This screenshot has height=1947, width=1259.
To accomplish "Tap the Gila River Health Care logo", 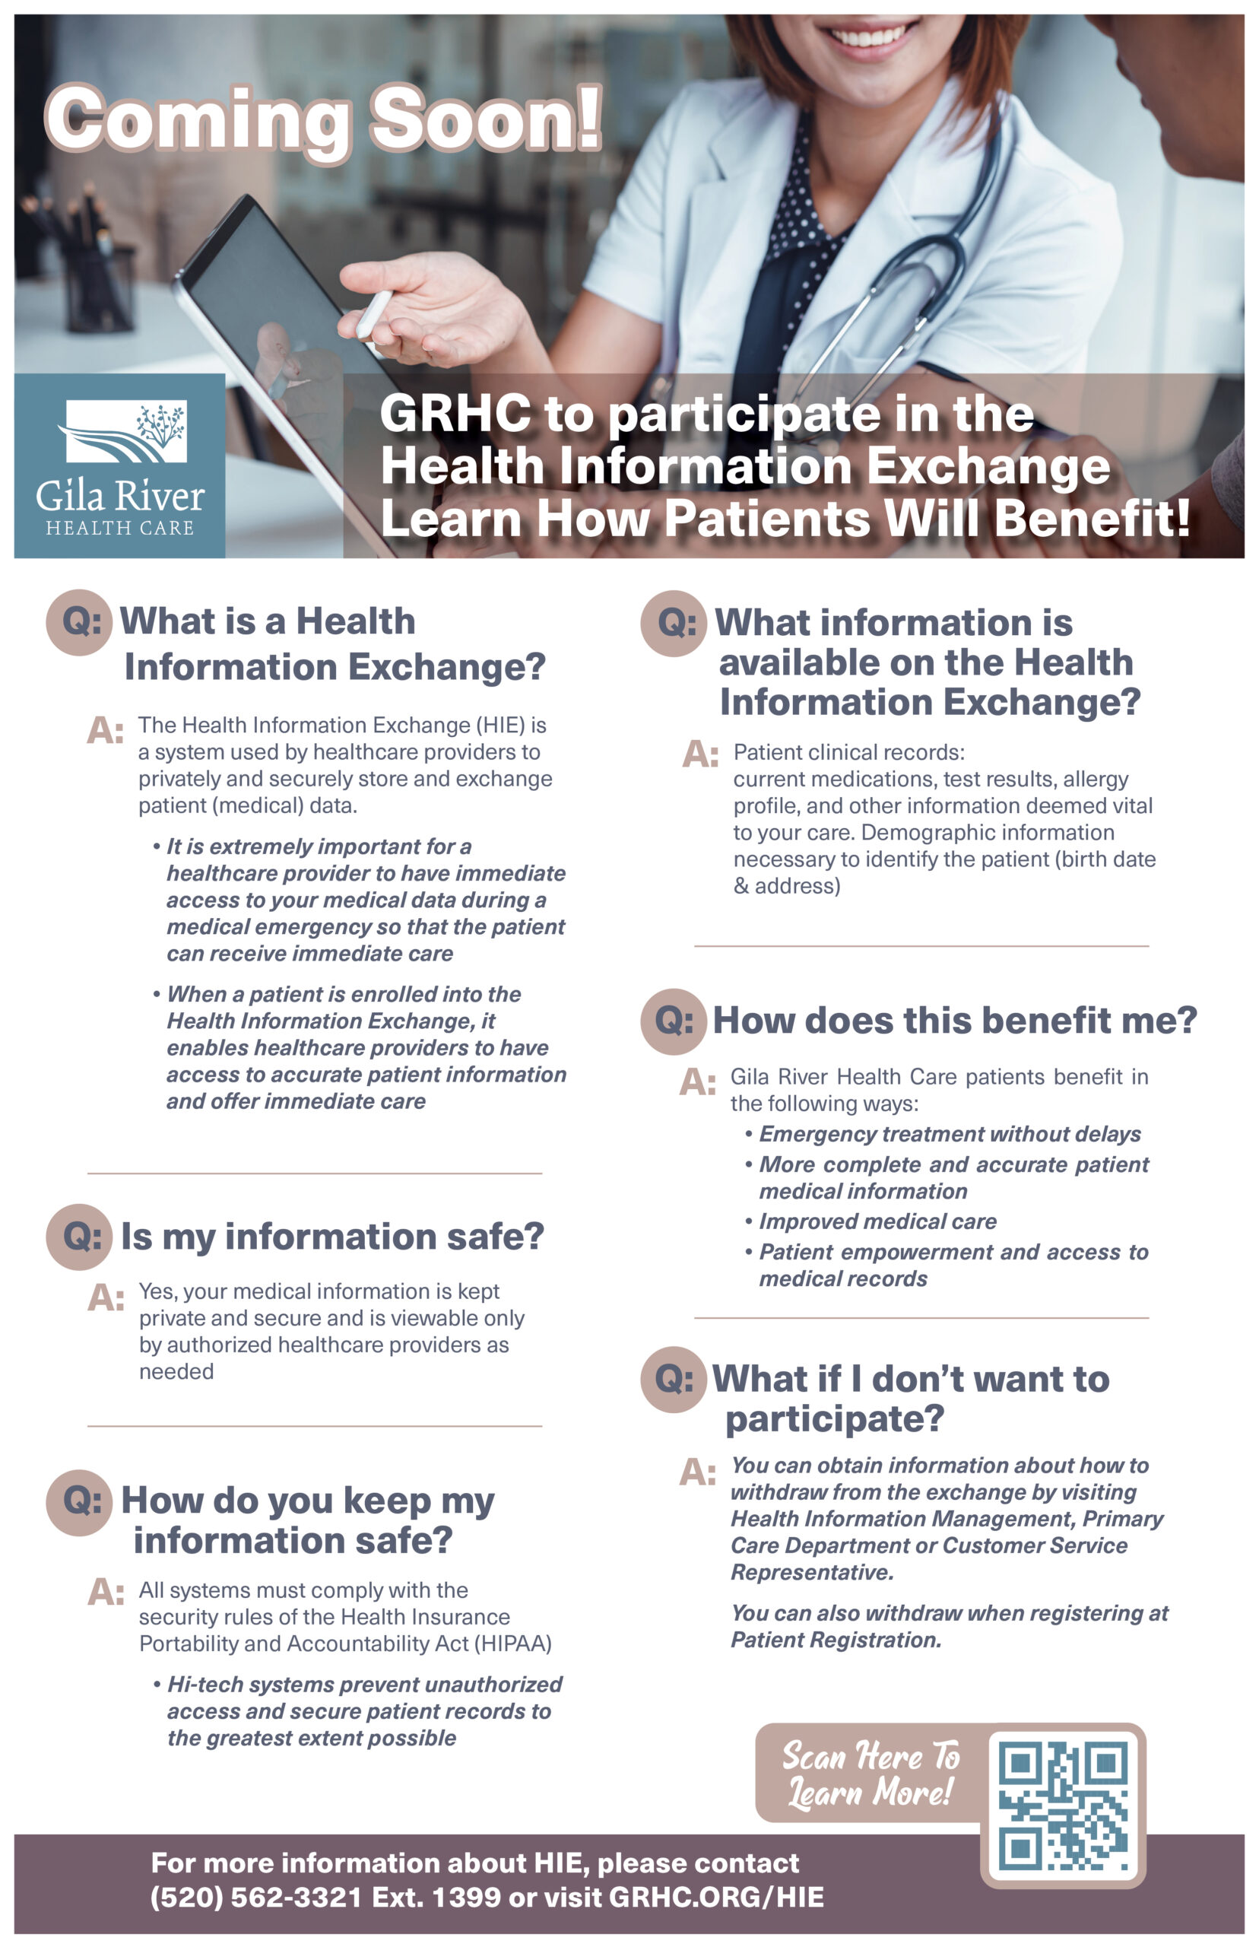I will tap(119, 466).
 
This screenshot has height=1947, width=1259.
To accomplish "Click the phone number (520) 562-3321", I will tap(256, 1896).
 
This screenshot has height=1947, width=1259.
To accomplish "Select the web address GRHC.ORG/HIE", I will tap(716, 1896).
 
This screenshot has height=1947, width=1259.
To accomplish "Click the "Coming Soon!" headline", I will tap(323, 120).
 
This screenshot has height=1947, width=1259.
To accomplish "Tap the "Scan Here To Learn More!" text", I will tap(870, 1774).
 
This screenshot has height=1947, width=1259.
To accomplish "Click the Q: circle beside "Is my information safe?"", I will tap(79, 1236).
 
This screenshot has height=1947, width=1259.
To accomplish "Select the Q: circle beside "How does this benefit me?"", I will tap(673, 1021).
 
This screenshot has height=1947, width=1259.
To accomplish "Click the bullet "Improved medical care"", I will tap(877, 1221).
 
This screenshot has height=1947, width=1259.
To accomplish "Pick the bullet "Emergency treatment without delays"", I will tap(949, 1133).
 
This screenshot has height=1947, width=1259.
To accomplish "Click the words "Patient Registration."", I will tap(836, 1640).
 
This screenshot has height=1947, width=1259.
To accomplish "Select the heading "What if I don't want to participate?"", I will tap(910, 1397).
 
